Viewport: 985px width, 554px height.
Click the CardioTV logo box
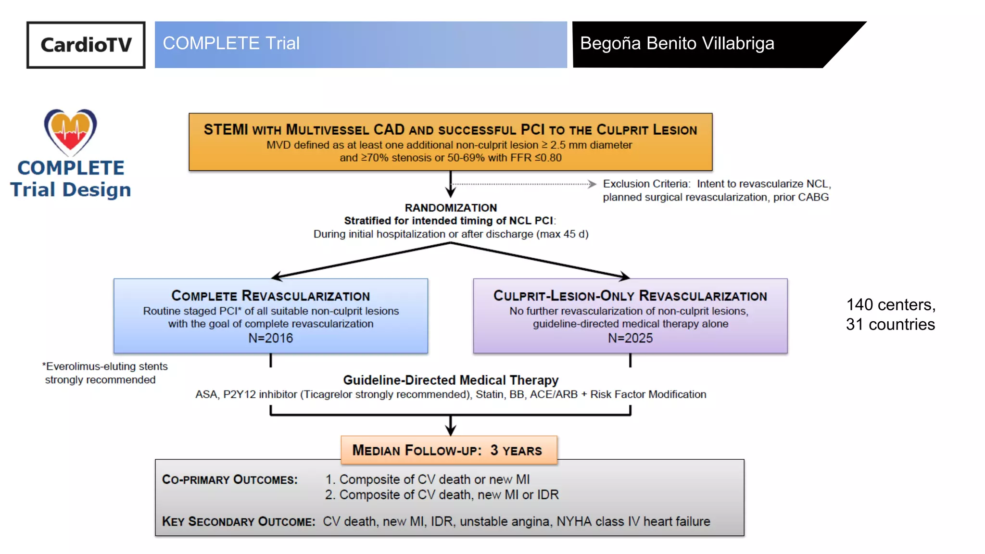click(86, 45)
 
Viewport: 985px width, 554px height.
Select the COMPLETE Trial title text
click(231, 43)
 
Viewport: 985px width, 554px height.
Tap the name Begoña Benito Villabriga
click(677, 43)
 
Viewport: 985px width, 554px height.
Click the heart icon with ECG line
click(71, 132)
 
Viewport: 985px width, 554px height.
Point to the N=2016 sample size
click(271, 338)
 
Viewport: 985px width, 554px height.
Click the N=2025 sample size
click(630, 338)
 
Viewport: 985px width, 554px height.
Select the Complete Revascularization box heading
click(271, 296)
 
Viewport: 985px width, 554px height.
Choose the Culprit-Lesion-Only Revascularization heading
click(630, 296)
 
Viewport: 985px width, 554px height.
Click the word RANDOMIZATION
click(451, 208)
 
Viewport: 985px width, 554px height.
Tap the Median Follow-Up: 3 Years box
click(449, 450)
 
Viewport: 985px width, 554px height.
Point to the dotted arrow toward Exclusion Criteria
click(523, 184)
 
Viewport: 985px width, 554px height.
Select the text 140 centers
click(890, 305)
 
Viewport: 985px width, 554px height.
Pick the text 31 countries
click(890, 325)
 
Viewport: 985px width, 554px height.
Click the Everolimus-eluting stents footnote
click(105, 373)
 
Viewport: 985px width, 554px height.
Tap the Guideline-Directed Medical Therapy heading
click(451, 380)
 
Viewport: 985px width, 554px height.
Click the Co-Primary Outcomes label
click(230, 479)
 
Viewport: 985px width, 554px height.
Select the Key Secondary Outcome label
click(239, 521)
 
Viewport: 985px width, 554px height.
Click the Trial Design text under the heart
click(71, 189)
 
